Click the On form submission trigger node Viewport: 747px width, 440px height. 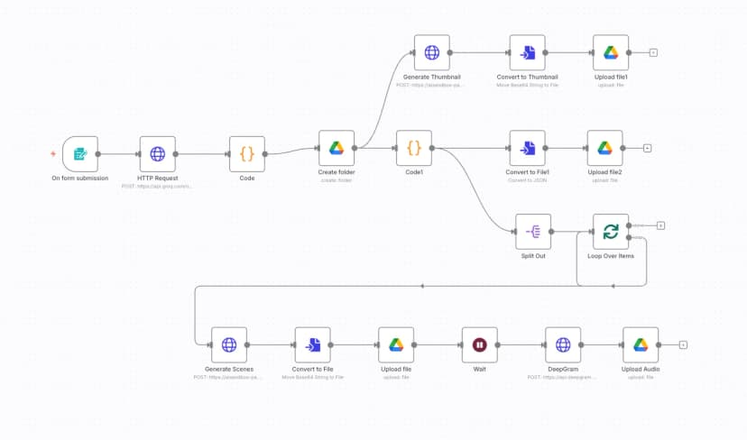[x=79, y=154]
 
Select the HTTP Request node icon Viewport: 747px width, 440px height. [x=157, y=154]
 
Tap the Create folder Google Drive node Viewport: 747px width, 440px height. [x=337, y=148]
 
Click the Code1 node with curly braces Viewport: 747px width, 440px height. [x=414, y=148]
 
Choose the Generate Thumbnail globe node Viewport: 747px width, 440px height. [x=431, y=52]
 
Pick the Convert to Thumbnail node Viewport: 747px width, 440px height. [x=527, y=52]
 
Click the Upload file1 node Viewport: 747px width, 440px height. [x=611, y=52]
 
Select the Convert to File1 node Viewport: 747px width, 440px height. [x=527, y=148]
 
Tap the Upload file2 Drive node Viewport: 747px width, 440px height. [x=604, y=148]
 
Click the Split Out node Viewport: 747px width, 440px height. [x=533, y=232]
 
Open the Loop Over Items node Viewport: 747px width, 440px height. [x=611, y=232]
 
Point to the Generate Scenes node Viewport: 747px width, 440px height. [x=229, y=344]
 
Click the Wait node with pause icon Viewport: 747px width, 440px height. [x=479, y=344]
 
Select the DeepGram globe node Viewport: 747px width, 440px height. [x=563, y=344]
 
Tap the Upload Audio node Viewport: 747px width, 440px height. [x=641, y=344]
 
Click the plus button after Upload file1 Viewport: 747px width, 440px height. [x=653, y=52]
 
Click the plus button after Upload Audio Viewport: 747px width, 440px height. [x=683, y=344]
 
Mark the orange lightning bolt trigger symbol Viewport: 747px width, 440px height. [x=51, y=154]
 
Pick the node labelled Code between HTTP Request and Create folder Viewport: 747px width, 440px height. [x=246, y=154]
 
